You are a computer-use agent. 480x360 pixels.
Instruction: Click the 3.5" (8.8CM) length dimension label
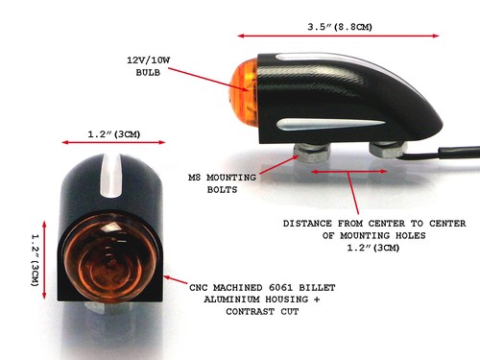click(x=340, y=27)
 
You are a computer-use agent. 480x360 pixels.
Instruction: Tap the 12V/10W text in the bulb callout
click(x=149, y=60)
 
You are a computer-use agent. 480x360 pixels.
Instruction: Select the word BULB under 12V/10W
click(x=148, y=73)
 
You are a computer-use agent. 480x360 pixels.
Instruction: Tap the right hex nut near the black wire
click(x=388, y=149)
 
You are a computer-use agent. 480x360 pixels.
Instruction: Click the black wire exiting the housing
click(x=442, y=154)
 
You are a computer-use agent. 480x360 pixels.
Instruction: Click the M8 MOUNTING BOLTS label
click(x=222, y=183)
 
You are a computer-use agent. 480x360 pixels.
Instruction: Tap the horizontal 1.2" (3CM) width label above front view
click(x=114, y=134)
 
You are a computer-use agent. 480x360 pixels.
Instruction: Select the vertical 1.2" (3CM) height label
click(x=35, y=260)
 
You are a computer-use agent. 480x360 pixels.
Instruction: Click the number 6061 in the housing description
click(x=280, y=288)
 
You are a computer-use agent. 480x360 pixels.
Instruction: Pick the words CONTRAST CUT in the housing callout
click(x=262, y=311)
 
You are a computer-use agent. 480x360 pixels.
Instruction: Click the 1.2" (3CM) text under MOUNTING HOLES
click(x=373, y=248)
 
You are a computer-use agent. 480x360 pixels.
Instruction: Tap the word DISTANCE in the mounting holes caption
click(x=307, y=224)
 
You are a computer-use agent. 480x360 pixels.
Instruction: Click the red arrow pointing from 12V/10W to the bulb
click(x=208, y=80)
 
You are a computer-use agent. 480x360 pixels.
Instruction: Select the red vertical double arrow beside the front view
click(x=44, y=259)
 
